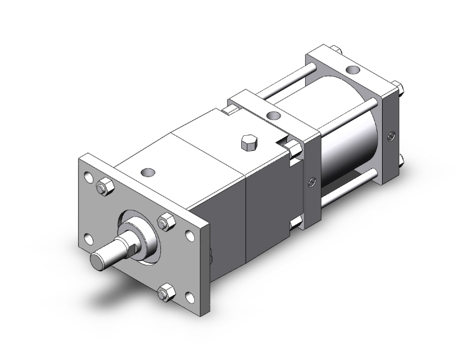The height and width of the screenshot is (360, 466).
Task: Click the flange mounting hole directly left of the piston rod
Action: pos(88,239)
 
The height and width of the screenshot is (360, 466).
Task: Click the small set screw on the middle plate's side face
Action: pos(311,183)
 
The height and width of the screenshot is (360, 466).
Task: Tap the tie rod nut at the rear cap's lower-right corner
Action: pos(398,166)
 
